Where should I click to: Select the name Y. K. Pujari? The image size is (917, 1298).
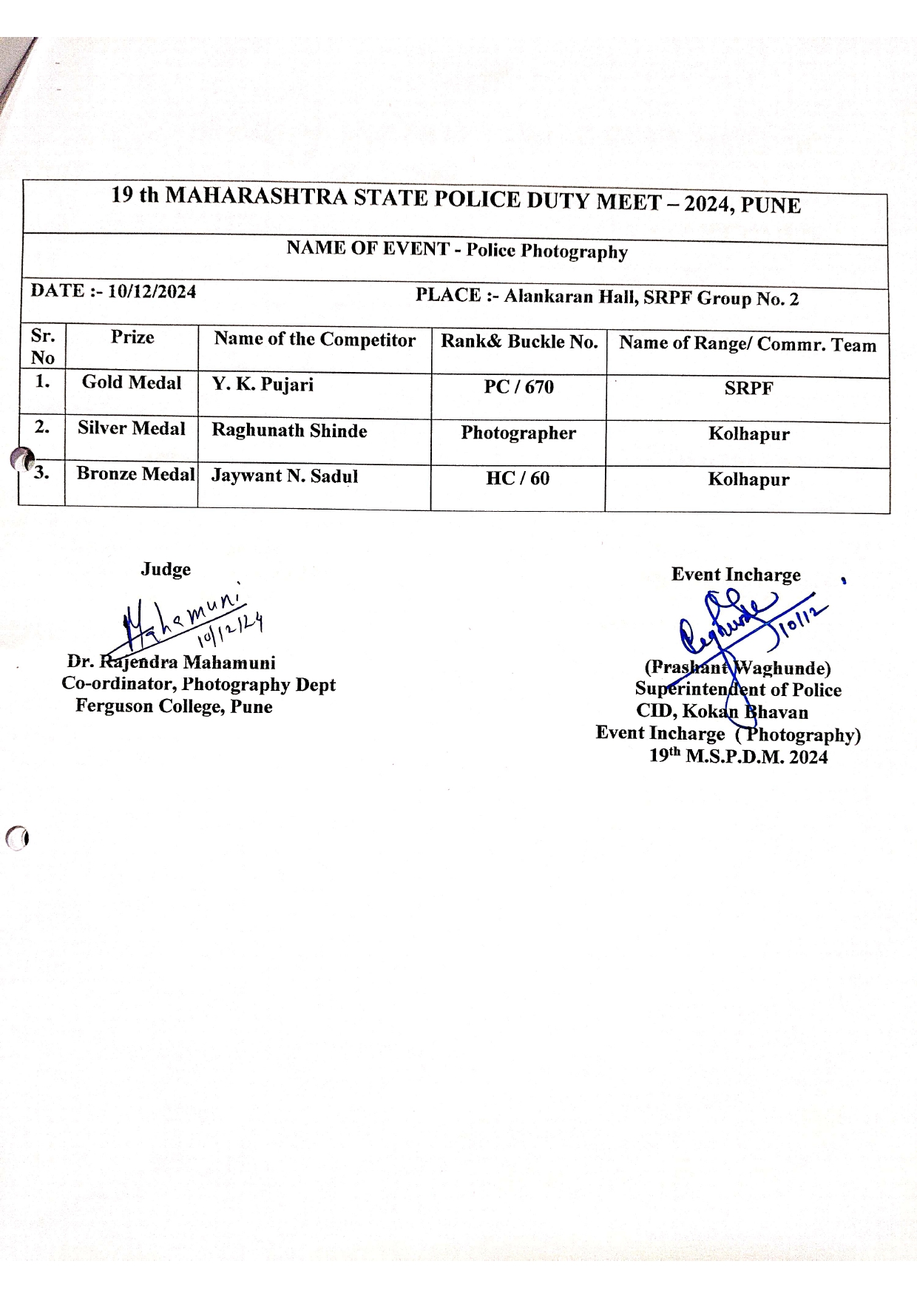[263, 385]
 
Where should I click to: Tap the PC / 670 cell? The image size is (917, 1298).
[518, 388]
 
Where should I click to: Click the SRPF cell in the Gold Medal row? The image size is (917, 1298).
[748, 389]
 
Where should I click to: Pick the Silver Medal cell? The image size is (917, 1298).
[132, 429]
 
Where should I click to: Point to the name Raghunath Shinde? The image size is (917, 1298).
[289, 431]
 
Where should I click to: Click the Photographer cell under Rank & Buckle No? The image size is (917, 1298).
[518, 433]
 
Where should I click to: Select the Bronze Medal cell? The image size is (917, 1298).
[135, 474]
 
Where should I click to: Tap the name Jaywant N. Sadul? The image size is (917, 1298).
[285, 476]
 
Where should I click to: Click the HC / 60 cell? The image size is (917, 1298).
[518, 479]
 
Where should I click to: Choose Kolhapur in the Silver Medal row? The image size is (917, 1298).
[748, 434]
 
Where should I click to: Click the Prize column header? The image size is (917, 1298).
[132, 338]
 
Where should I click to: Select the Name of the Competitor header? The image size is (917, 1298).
[315, 340]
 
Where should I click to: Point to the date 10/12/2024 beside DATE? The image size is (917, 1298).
[152, 292]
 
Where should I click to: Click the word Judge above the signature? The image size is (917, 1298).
[166, 569]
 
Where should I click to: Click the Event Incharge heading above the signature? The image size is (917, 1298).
[736, 575]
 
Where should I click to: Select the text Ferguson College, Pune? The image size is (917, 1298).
[174, 707]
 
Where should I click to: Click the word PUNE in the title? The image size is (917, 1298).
[771, 206]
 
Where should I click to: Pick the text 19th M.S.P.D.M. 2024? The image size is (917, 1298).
[738, 757]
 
